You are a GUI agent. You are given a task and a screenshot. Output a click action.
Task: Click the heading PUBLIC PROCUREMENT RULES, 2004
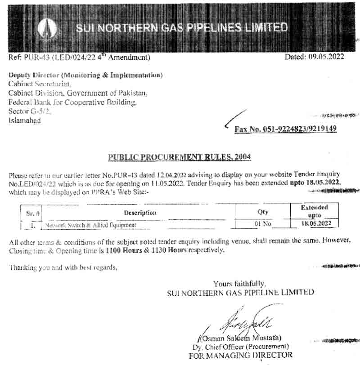click(180, 157)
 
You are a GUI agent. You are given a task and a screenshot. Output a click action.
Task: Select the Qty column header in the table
click(263, 212)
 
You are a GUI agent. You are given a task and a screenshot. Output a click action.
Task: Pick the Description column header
click(140, 213)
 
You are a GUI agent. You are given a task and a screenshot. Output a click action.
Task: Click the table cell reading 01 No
click(263, 223)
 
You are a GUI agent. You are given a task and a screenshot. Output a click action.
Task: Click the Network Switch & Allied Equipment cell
click(90, 224)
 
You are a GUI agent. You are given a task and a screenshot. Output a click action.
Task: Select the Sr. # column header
click(31, 213)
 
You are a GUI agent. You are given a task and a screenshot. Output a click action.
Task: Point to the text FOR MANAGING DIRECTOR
click(240, 355)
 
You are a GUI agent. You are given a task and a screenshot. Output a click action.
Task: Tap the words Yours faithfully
click(239, 284)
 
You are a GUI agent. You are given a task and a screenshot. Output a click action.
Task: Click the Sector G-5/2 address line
click(30, 111)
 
